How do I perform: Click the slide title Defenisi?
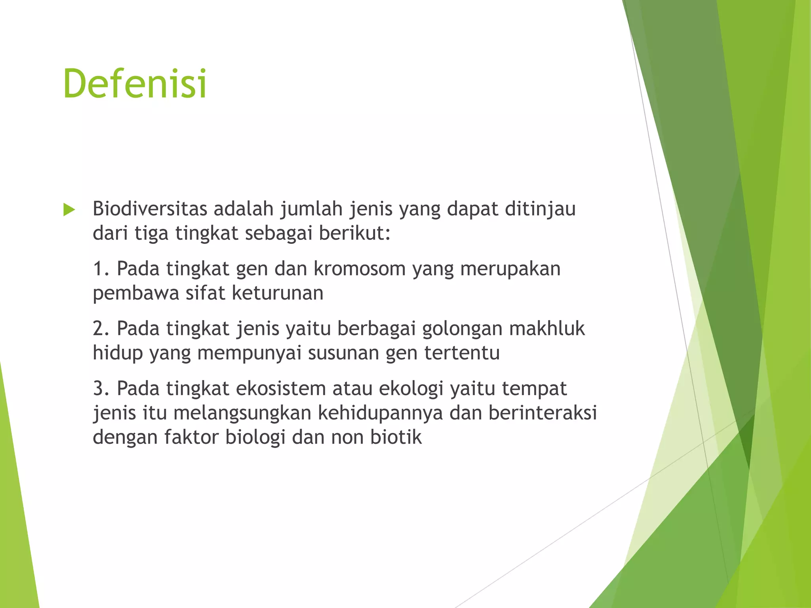coord(135,84)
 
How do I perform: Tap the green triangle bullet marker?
coord(69,210)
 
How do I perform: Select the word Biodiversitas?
coord(150,209)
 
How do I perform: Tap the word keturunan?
coord(277,293)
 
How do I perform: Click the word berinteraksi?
coord(543,412)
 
